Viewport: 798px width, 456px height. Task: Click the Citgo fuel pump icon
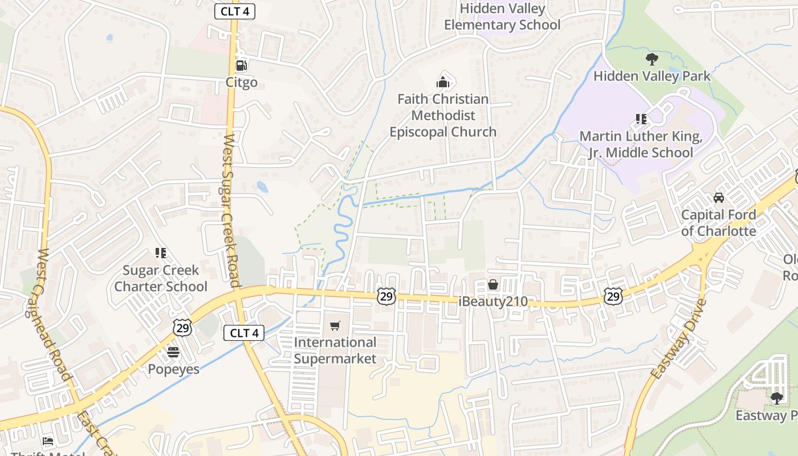(x=241, y=66)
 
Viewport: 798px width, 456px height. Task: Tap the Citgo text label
(x=242, y=83)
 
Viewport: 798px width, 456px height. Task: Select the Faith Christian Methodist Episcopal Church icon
(x=443, y=82)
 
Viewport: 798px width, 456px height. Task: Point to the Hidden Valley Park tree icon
(x=652, y=59)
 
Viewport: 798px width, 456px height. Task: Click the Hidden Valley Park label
(x=652, y=76)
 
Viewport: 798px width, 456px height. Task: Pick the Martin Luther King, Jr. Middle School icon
(x=641, y=119)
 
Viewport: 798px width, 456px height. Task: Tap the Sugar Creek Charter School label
(x=161, y=278)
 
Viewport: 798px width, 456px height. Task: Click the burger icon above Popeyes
(x=173, y=352)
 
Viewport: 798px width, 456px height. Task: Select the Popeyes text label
(x=174, y=369)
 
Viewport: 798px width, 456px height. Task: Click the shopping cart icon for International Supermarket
(x=335, y=326)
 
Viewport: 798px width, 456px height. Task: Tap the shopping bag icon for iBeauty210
(x=493, y=284)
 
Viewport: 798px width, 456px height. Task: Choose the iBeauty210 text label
(x=493, y=302)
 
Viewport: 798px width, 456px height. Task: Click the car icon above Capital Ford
(x=719, y=198)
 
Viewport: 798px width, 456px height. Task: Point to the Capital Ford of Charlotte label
(x=719, y=223)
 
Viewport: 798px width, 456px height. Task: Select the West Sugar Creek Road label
(x=230, y=211)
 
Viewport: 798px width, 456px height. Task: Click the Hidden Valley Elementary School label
(x=502, y=17)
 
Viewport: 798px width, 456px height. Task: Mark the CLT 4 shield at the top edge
(x=234, y=11)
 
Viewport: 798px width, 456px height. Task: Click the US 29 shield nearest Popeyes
(x=183, y=328)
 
